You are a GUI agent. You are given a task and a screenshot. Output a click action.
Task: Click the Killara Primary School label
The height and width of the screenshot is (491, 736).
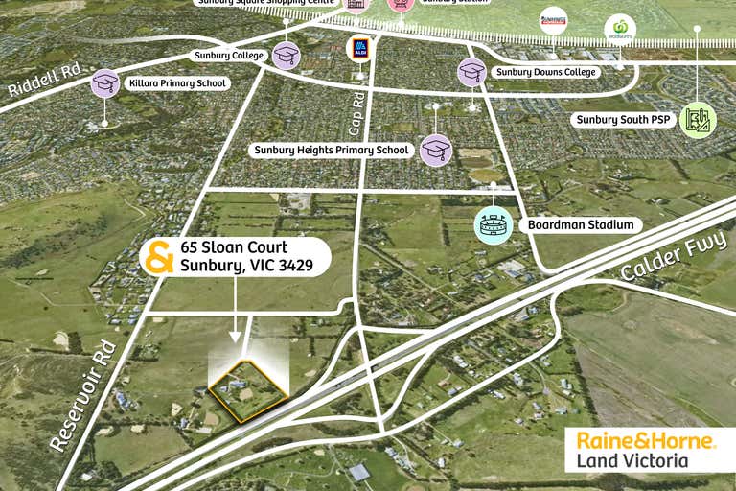(x=176, y=83)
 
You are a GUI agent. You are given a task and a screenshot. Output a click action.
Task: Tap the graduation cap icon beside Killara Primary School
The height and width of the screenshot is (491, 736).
(x=105, y=83)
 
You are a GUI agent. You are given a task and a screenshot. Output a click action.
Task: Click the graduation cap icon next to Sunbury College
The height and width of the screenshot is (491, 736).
(x=286, y=55)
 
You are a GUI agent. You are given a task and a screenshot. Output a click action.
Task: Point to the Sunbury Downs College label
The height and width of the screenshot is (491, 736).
(x=546, y=72)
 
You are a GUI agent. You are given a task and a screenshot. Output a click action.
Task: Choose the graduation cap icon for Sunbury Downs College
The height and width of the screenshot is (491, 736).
(x=471, y=71)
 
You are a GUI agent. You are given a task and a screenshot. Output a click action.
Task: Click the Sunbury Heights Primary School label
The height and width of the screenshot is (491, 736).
(x=332, y=150)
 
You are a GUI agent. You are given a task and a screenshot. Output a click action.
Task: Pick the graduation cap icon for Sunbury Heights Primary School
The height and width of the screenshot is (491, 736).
(x=436, y=150)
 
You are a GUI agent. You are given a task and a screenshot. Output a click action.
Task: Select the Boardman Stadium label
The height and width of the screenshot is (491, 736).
(x=579, y=224)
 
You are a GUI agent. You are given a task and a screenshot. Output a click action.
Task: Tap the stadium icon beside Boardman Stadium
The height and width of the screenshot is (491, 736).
(x=493, y=224)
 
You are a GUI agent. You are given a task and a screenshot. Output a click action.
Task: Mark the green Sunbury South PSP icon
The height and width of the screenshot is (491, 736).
(x=698, y=120)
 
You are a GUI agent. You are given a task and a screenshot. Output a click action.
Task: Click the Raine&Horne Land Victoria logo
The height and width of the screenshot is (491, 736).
(x=646, y=450)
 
